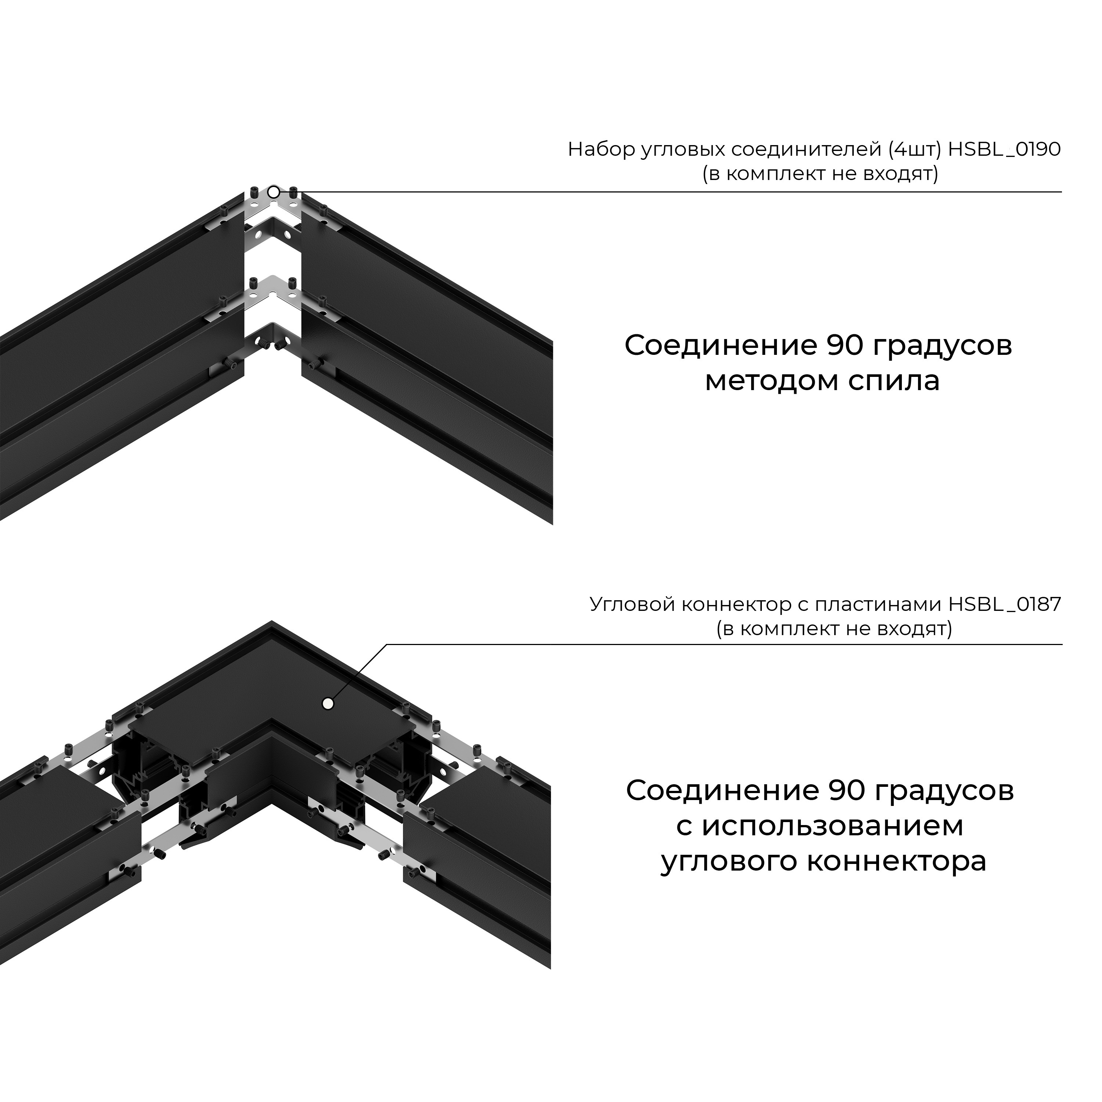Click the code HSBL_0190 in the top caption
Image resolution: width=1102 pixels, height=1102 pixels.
pos(1004,150)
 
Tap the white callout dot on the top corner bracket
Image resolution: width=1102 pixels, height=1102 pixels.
pos(274,192)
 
